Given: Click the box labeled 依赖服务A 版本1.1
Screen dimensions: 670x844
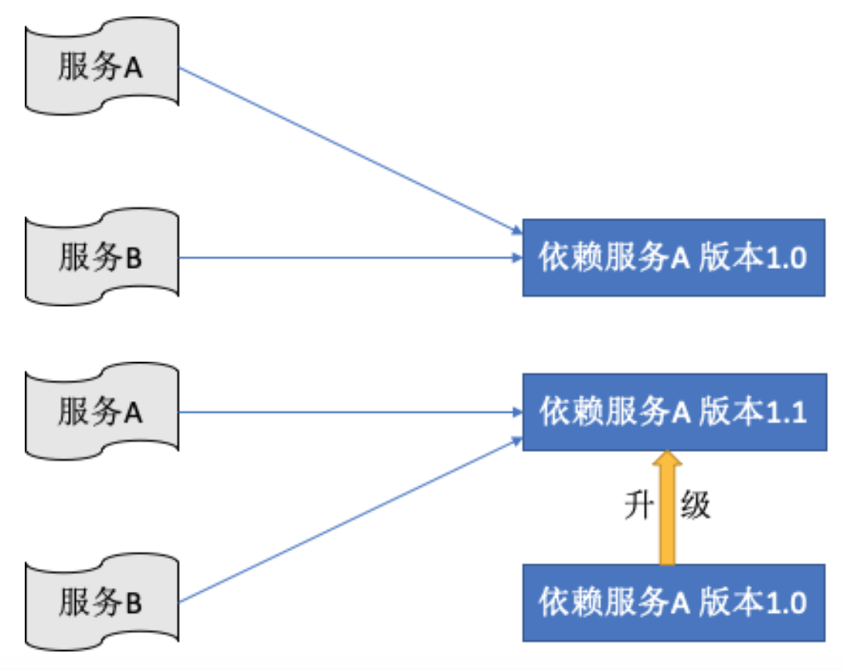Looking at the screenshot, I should click(673, 412).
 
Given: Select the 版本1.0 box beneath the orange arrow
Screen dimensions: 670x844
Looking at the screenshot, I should click(673, 603).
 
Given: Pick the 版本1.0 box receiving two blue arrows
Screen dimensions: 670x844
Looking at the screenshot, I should click(673, 258).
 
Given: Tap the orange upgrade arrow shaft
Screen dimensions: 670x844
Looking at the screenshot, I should click(667, 516).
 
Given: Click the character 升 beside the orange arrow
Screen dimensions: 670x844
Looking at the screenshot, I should click(639, 506).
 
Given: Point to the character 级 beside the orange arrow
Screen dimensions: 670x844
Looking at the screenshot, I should click(695, 506).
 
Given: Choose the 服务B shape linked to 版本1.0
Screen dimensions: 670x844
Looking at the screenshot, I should click(102, 258).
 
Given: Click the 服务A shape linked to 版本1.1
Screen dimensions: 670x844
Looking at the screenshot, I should click(102, 412).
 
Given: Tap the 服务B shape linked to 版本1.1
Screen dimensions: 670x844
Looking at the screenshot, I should click(102, 603).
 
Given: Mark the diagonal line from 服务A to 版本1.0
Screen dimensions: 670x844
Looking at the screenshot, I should click(348, 149).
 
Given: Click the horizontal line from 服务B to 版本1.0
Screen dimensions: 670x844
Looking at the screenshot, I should click(348, 257).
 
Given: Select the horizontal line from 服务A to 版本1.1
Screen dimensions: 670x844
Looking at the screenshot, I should click(348, 411).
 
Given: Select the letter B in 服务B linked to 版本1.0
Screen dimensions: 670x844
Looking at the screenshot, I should click(134, 259).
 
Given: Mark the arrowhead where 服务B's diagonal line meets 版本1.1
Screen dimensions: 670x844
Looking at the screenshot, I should click(517, 440).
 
